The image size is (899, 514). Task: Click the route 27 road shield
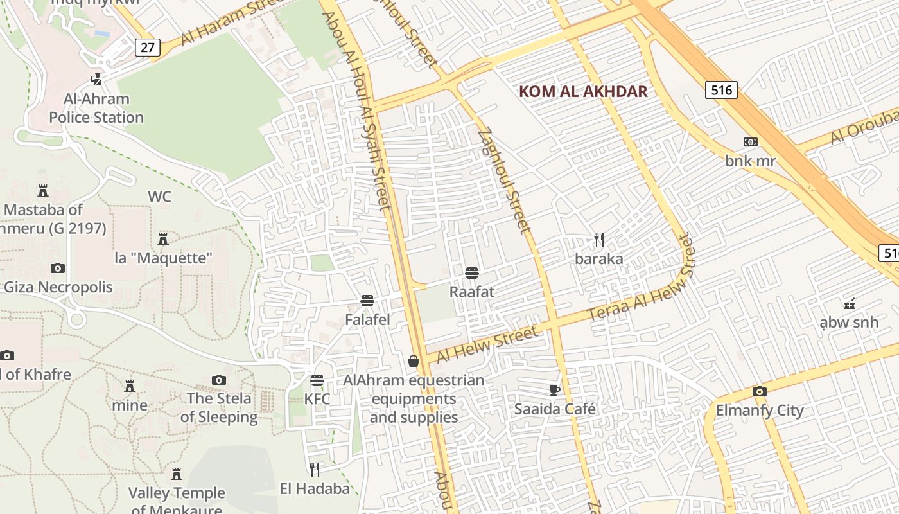coord(147,48)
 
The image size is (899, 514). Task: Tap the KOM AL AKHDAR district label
coord(582,91)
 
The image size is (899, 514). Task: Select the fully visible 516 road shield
coord(721,90)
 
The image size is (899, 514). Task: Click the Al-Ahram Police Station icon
coord(96,80)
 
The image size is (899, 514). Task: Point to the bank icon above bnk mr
coord(750,142)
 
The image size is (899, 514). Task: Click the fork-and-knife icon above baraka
coord(598,240)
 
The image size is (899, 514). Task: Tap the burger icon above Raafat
coord(472,273)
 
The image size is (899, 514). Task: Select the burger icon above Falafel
coord(367,300)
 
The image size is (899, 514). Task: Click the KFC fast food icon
coord(317,380)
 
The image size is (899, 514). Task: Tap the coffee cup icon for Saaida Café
coord(555,390)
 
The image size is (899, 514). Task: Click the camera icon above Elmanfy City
coord(759,391)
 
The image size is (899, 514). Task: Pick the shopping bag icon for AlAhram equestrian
coord(414,361)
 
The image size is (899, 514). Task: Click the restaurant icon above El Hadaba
coord(315,470)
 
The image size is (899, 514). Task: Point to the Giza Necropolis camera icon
coord(58,268)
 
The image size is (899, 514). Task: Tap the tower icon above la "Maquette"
coord(163,239)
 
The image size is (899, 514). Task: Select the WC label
coord(159,197)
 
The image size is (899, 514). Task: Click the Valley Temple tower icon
coord(177,474)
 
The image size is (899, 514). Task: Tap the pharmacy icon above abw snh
coord(850,303)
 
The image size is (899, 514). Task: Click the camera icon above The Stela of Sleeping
coord(219,380)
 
